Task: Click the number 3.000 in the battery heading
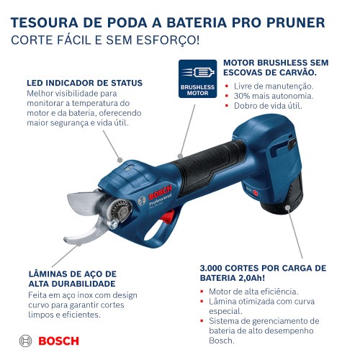(217, 268)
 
